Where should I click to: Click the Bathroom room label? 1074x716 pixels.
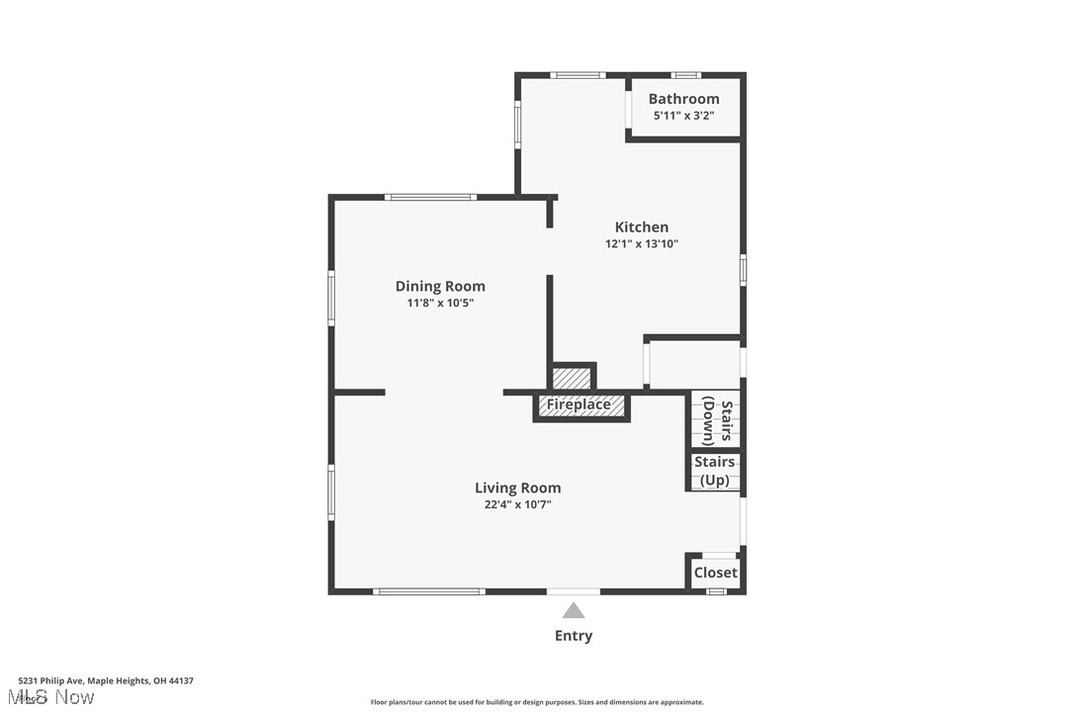[x=683, y=99]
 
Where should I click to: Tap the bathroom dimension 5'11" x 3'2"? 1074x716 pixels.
[x=683, y=116]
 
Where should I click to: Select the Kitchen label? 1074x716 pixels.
[x=642, y=227]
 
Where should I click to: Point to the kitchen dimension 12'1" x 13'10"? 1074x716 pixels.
[x=642, y=244]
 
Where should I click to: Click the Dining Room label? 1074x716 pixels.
[x=440, y=287]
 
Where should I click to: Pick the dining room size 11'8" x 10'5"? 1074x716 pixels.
[x=440, y=304]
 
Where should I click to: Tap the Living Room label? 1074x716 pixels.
[x=517, y=488]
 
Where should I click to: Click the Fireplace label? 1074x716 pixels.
[x=579, y=404]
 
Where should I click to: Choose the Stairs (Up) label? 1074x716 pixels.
[x=714, y=471]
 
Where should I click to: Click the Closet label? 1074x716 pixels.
[x=715, y=573]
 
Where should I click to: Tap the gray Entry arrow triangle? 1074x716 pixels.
[x=574, y=611]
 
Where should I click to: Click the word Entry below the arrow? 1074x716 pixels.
[x=574, y=636]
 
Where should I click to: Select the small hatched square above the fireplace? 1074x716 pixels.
[x=573, y=378]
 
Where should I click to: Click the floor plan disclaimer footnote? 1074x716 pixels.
[x=537, y=702]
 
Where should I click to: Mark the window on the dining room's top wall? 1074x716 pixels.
[x=431, y=197]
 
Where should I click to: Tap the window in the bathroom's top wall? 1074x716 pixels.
[x=685, y=74]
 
